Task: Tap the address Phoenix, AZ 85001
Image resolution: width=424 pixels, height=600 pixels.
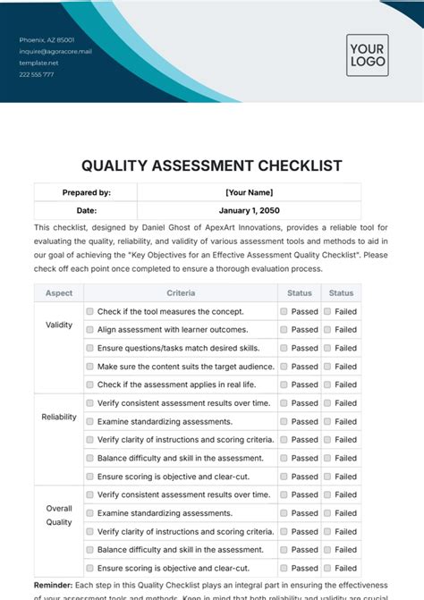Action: click(x=48, y=40)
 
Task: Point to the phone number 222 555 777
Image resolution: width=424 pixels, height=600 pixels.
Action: click(x=37, y=74)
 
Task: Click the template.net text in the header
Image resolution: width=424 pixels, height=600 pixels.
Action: click(x=38, y=63)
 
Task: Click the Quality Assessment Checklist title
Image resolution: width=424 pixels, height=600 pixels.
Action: click(x=211, y=165)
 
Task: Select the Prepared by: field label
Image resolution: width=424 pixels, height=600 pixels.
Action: click(x=87, y=192)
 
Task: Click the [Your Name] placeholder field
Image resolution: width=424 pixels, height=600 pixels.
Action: click(x=250, y=192)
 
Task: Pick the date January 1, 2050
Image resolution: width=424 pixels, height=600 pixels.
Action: click(x=250, y=211)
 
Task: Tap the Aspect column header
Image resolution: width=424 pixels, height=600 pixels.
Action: click(x=59, y=293)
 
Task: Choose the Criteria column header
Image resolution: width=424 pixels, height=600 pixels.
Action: click(x=181, y=293)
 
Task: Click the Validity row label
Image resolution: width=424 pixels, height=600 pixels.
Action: click(x=59, y=325)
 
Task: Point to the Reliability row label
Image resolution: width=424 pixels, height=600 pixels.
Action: click(x=59, y=418)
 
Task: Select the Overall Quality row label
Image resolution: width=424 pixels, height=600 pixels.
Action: click(x=59, y=515)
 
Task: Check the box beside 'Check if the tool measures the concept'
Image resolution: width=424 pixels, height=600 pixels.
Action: click(x=89, y=312)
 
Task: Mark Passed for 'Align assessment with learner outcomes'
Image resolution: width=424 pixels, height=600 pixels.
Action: click(x=284, y=330)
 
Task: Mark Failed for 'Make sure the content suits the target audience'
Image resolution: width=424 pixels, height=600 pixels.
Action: click(x=327, y=367)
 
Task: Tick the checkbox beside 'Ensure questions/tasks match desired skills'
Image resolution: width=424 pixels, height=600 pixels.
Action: click(x=89, y=349)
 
